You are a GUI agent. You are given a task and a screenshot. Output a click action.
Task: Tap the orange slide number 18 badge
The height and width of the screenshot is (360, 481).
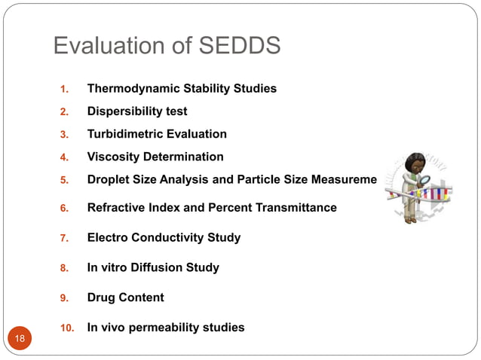point(20,338)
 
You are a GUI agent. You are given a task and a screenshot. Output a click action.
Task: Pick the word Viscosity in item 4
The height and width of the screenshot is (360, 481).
point(113,157)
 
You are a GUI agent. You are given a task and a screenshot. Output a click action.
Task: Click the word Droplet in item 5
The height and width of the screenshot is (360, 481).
point(109,179)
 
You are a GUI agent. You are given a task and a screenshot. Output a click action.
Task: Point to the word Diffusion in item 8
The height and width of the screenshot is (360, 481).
point(155,267)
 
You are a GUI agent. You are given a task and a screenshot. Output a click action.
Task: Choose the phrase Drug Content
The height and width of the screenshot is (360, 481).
point(125,297)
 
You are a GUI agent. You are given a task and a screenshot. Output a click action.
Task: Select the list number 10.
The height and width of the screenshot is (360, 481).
point(66,328)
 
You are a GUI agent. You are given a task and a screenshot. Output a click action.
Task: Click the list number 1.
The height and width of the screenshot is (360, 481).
point(65,90)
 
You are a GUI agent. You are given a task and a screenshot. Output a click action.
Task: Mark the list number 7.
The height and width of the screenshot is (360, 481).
point(65,238)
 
